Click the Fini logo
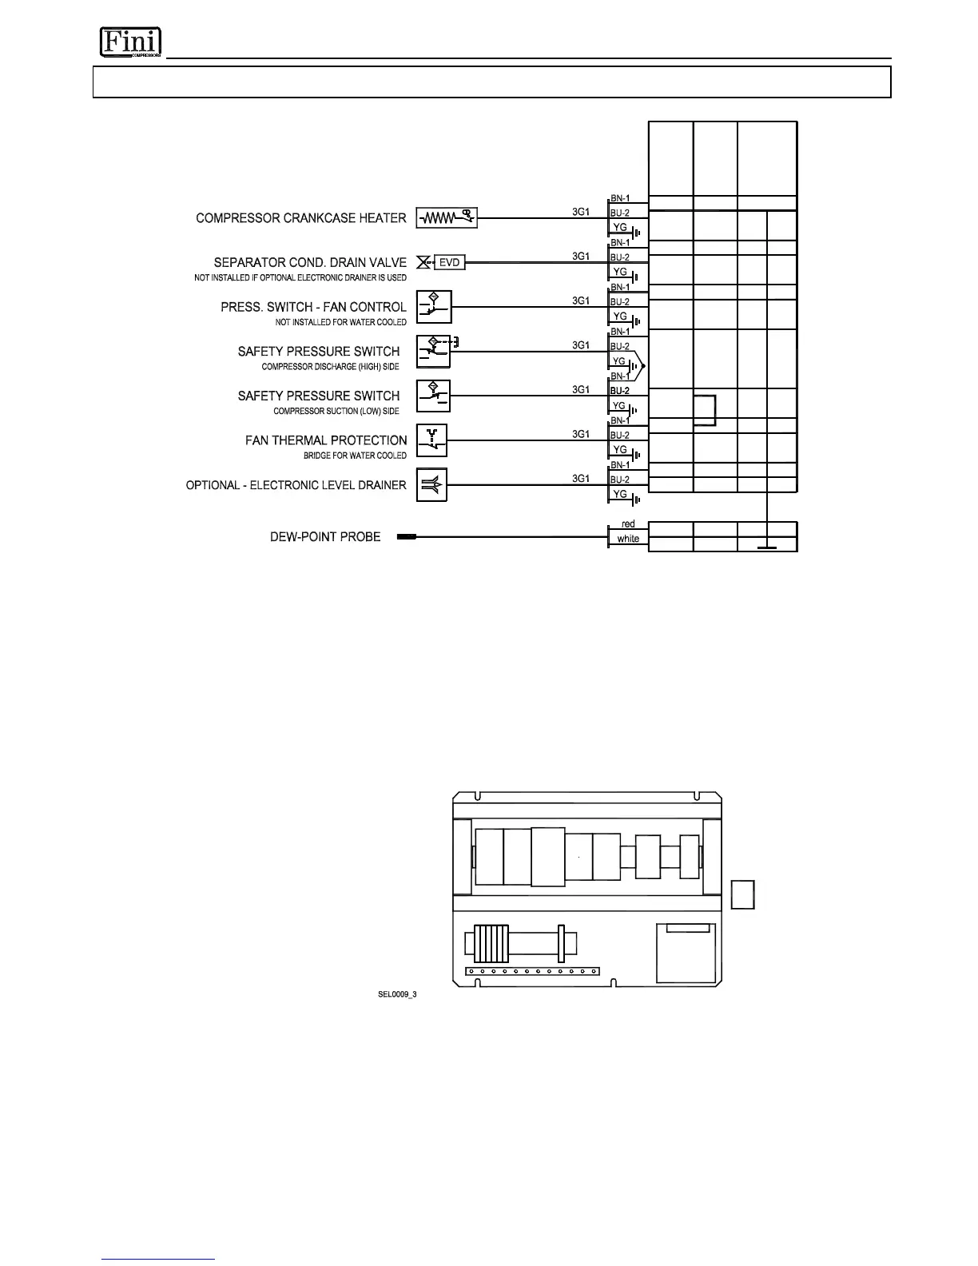[x=130, y=42]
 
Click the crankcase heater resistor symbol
[x=447, y=217]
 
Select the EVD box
[x=450, y=262]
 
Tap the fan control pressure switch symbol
[x=434, y=307]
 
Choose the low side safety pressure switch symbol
[x=433, y=396]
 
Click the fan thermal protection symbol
[x=432, y=440]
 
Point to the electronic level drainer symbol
[x=432, y=484]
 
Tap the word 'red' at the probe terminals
[x=628, y=524]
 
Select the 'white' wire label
[x=628, y=539]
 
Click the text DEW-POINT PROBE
[x=325, y=537]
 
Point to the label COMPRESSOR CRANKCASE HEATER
[x=301, y=218]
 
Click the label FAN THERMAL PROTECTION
[x=326, y=440]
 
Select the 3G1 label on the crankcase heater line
[x=581, y=212]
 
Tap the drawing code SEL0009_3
[x=397, y=994]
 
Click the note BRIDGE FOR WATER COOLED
[x=355, y=456]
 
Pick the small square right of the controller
[x=743, y=894]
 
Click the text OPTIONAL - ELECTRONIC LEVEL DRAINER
[x=296, y=485]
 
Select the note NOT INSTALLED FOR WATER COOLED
[x=340, y=322]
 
